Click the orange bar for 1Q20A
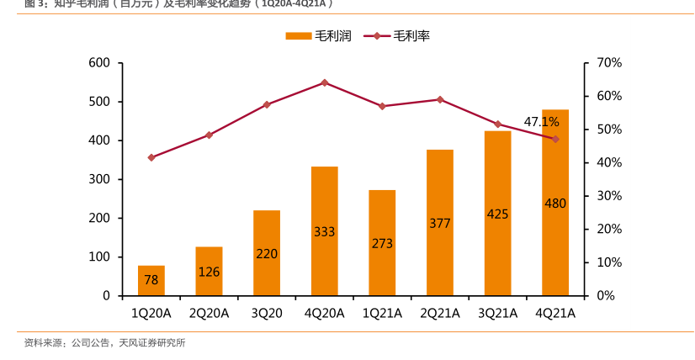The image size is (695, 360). tap(151, 281)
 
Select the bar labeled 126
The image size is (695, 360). tap(209, 271)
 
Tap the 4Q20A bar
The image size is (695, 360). tap(324, 231)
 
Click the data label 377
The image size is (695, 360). tap(439, 224)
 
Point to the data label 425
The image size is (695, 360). tap(497, 214)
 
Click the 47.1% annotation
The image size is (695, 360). tap(541, 122)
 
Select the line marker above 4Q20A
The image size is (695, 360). tap(324, 82)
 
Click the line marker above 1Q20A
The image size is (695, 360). tap(151, 157)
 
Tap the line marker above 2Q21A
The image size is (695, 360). tap(439, 99)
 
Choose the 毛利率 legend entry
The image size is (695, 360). tap(402, 36)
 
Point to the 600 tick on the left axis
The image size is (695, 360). tap(99, 63)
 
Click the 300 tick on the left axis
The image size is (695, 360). tap(99, 179)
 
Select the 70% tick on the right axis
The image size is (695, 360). tap(608, 63)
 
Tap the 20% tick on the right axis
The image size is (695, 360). tap(608, 229)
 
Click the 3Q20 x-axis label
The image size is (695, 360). tap(267, 314)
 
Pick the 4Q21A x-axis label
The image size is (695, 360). tap(554, 314)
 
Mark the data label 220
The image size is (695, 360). tap(267, 253)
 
